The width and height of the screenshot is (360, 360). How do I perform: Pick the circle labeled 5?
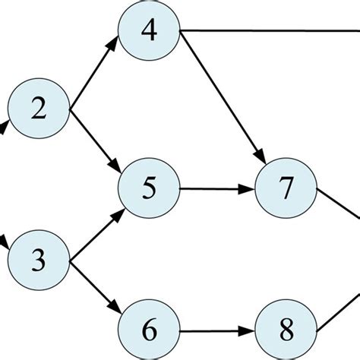(150, 187)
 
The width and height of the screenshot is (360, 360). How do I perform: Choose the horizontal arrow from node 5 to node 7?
(216, 187)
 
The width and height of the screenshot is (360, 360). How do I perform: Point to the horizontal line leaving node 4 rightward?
(266, 31)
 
